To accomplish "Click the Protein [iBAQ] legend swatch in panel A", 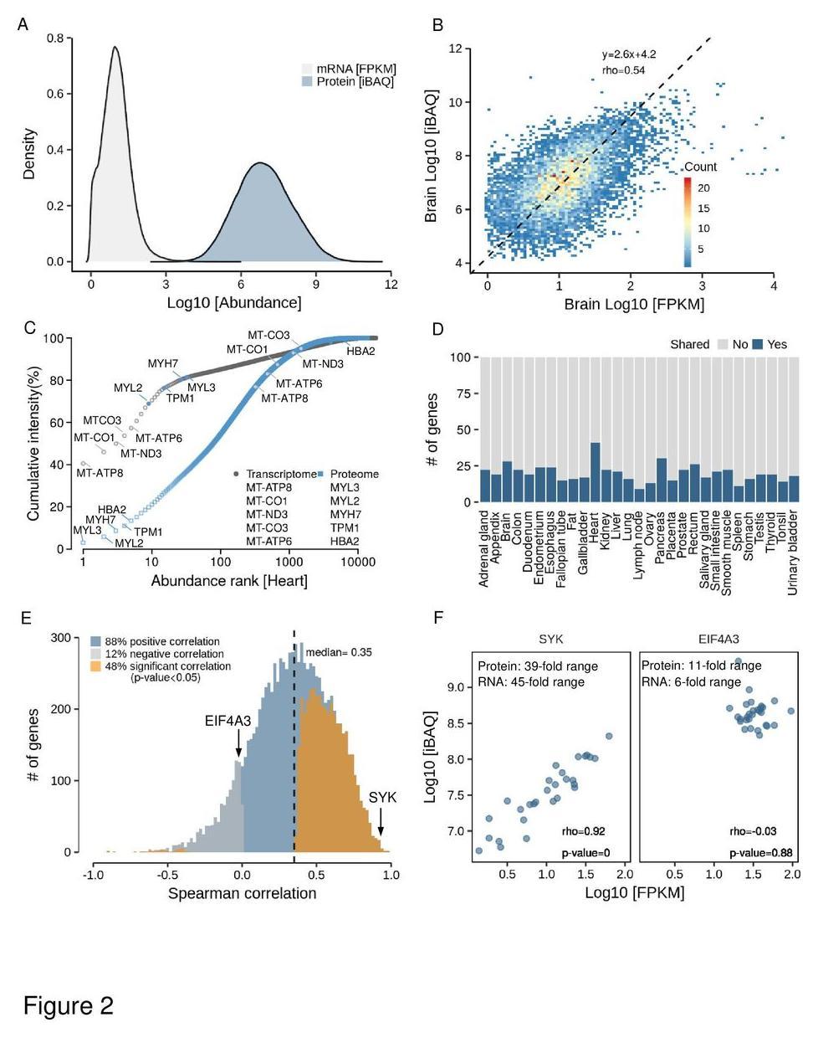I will tap(307, 82).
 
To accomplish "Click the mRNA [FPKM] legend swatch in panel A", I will tap(307, 69).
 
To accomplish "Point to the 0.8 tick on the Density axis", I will tap(55, 38).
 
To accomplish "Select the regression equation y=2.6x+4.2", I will tap(628, 55).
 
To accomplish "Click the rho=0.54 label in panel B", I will tap(623, 70).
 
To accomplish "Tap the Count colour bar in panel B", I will tap(688, 221).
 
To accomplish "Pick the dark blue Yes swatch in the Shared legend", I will tap(758, 344).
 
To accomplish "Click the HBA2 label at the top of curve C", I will tap(360, 351).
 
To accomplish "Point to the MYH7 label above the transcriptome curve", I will tap(163, 363).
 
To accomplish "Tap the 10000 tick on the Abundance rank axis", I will tap(358, 562).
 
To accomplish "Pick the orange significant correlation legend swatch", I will tap(96, 666).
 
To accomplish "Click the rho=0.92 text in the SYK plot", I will tap(583, 831).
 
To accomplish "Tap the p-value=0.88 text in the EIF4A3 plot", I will tap(760, 853).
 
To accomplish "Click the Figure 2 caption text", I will tap(68, 1005).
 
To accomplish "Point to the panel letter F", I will tap(438, 618).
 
